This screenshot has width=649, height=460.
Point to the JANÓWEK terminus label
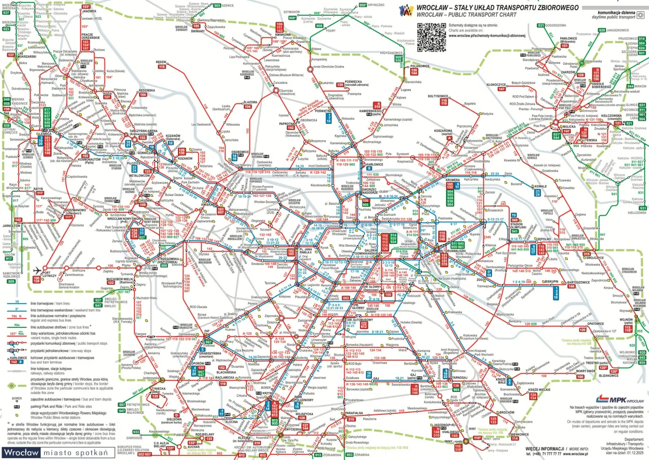point(89,11)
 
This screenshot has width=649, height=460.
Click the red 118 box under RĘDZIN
point(162,67)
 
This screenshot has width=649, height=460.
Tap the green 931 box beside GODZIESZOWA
point(541,25)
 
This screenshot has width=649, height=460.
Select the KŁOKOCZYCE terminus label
point(496,84)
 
